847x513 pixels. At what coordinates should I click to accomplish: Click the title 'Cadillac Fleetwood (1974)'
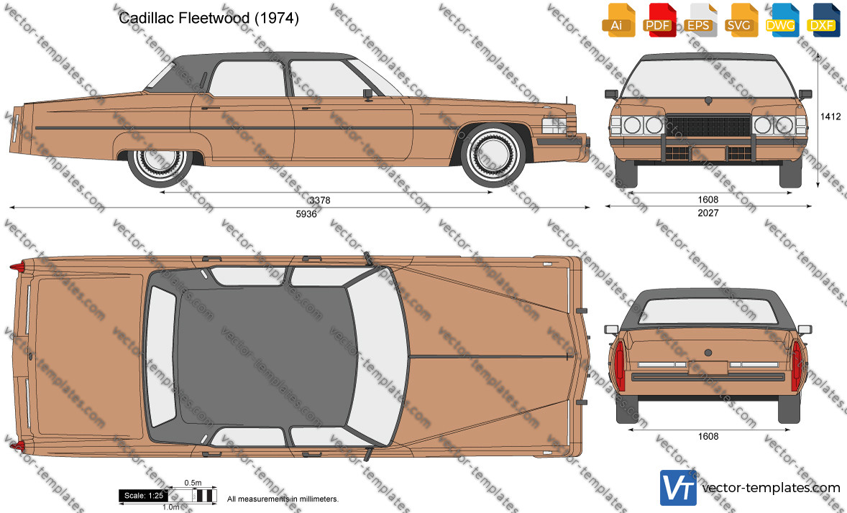point(209,19)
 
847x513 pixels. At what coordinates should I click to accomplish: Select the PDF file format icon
point(659,21)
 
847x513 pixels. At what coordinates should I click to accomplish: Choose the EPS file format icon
point(700,21)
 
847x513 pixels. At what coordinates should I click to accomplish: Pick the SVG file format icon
point(741,21)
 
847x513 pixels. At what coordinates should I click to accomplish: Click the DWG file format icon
point(782,21)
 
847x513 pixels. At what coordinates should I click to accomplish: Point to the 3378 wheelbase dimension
point(320,200)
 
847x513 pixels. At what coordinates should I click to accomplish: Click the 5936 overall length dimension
point(306,214)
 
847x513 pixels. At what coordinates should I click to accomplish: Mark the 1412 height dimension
point(830,116)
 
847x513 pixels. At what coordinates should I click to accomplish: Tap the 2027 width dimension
point(708,213)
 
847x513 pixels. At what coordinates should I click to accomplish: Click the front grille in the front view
point(708,126)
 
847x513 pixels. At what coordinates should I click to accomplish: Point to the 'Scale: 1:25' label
point(143,496)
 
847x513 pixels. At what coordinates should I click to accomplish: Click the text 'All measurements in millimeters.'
point(283,499)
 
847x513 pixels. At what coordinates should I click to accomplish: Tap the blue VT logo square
point(679,488)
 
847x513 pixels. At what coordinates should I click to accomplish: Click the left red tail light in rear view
point(620,366)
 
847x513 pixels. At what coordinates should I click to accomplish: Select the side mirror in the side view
point(368,95)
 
